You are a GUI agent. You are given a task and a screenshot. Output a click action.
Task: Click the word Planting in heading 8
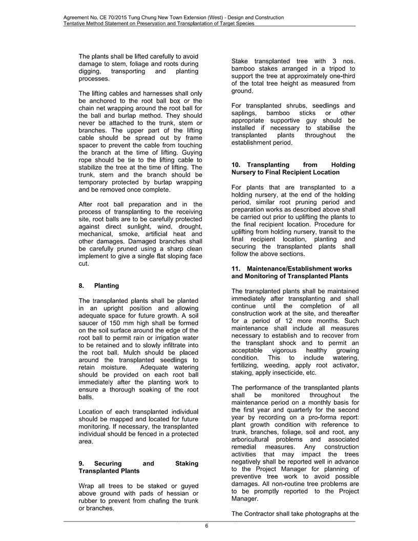106,285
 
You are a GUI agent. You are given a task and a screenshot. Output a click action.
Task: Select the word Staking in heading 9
186,463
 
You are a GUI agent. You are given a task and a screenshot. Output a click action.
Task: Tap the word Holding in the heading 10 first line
343,164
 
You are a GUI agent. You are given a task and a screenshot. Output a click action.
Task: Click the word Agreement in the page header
77,17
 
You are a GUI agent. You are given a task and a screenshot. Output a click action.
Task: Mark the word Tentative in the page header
75,24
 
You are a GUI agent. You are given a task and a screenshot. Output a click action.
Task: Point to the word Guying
186,152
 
